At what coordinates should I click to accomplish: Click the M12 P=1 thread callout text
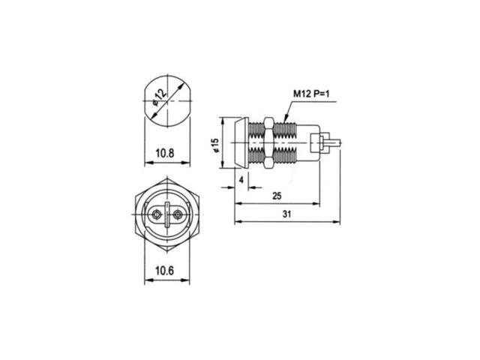coord(311,94)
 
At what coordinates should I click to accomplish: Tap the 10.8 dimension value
coord(165,153)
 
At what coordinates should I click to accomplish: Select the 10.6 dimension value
coord(164,271)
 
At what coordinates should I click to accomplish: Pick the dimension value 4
coord(241,180)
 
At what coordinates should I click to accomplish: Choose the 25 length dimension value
coord(277,196)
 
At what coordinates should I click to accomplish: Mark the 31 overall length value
coord(286,214)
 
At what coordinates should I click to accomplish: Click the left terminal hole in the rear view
coord(157,214)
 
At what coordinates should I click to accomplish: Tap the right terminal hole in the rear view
coord(177,214)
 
